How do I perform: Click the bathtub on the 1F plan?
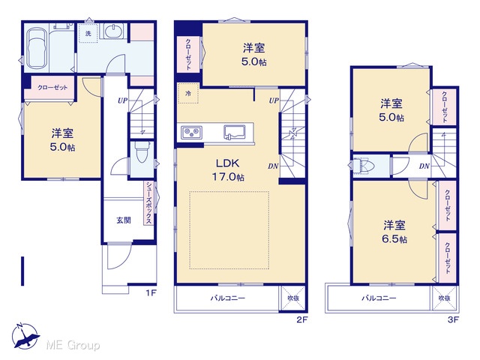pyautogui.click(x=37, y=49)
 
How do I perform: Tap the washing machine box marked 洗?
pyautogui.click(x=88, y=33)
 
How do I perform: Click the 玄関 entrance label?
pyautogui.click(x=124, y=220)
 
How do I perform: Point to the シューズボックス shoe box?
pyautogui.click(x=148, y=203)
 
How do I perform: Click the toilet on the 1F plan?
pyautogui.click(x=141, y=155)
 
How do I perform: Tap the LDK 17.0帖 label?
pyautogui.click(x=228, y=170)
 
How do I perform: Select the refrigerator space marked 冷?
pyautogui.click(x=188, y=93)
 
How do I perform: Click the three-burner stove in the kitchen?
pyautogui.click(x=191, y=133)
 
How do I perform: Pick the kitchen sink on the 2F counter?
pyautogui.click(x=234, y=132)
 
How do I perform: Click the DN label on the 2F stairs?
pyautogui.click(x=273, y=166)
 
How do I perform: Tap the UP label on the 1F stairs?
pyautogui.click(x=122, y=100)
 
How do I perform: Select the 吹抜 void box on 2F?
pyautogui.click(x=293, y=298)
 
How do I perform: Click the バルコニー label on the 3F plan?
pyautogui.click(x=379, y=298)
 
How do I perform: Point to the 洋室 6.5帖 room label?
pyautogui.click(x=394, y=232)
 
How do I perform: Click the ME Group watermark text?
pyautogui.click(x=73, y=346)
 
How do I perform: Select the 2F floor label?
pyautogui.click(x=301, y=320)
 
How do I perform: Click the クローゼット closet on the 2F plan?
pyautogui.click(x=188, y=55)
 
